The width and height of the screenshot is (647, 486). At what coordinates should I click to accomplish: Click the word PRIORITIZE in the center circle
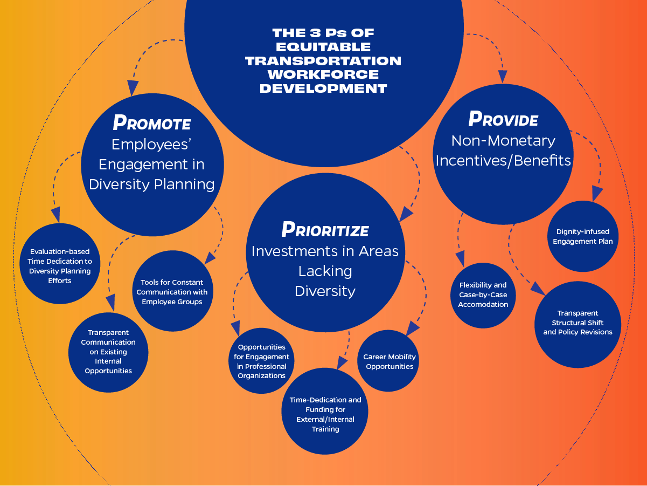[x=325, y=230]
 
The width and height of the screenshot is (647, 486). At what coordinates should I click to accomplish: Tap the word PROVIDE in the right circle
[x=503, y=119]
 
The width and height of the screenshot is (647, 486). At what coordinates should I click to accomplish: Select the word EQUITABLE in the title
[x=323, y=47]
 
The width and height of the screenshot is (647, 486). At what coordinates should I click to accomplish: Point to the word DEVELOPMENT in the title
[x=323, y=88]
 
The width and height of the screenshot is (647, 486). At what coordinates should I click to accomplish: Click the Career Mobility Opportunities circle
[x=388, y=361]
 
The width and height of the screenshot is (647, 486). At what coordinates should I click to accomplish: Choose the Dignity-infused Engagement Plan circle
[x=582, y=236]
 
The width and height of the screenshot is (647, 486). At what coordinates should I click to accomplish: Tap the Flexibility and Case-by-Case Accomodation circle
[x=483, y=295]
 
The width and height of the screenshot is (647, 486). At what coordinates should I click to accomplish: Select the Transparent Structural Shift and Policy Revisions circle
[x=578, y=323]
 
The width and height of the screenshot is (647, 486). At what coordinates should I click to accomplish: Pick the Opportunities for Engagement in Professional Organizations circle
[x=261, y=361]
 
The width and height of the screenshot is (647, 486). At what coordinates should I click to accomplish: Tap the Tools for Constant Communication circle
[x=172, y=292]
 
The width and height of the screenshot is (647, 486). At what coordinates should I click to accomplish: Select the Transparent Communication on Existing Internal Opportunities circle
[x=108, y=352]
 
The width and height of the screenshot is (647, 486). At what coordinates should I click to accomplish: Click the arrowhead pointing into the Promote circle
[x=133, y=88]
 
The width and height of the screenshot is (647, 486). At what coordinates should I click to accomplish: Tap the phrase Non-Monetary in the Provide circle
[x=503, y=140]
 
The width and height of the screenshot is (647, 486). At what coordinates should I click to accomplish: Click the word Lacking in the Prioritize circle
[x=325, y=271]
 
